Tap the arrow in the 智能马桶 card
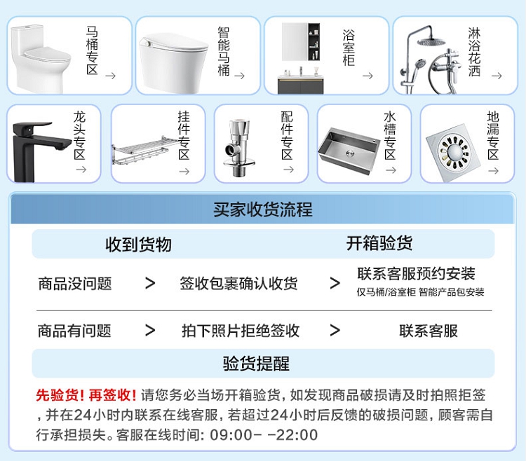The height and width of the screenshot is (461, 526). [x=240, y=76]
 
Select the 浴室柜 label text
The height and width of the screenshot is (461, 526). [x=349, y=48]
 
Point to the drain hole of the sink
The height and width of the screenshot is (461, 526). [x=350, y=153]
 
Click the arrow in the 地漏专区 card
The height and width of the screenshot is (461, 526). [x=493, y=171]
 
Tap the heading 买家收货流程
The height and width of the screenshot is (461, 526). [x=263, y=209]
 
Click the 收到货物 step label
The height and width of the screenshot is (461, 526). [x=139, y=245]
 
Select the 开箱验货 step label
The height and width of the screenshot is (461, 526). [x=379, y=243]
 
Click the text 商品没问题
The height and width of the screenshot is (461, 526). [x=75, y=284]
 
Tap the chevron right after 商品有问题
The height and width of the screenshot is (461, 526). [x=150, y=331]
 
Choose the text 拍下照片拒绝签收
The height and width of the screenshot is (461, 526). [x=241, y=331]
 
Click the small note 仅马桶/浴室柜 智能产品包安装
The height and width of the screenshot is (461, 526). [x=420, y=292]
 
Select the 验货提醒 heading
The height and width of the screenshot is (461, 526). [x=256, y=364]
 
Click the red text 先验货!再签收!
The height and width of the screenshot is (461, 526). [x=86, y=395]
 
